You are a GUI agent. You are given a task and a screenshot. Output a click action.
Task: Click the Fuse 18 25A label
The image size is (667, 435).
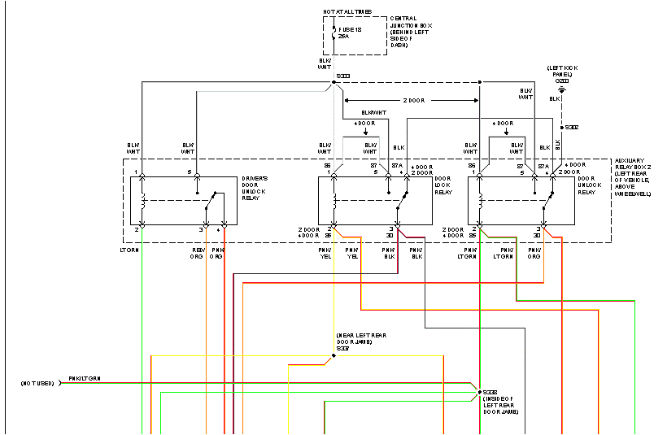(351, 33)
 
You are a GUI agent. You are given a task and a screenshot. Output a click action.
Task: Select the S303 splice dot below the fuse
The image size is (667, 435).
(334, 81)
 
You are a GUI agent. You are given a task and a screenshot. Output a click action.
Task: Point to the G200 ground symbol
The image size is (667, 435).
(561, 87)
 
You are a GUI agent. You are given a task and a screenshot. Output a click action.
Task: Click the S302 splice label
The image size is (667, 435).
(572, 128)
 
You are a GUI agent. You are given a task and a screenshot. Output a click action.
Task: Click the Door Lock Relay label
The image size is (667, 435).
(443, 185)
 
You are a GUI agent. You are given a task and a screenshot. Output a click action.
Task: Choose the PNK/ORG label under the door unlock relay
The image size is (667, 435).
(534, 253)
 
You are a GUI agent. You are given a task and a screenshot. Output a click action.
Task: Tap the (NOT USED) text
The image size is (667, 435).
(37, 382)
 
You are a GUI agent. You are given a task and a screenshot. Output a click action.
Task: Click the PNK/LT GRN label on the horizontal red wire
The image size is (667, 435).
(85, 378)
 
